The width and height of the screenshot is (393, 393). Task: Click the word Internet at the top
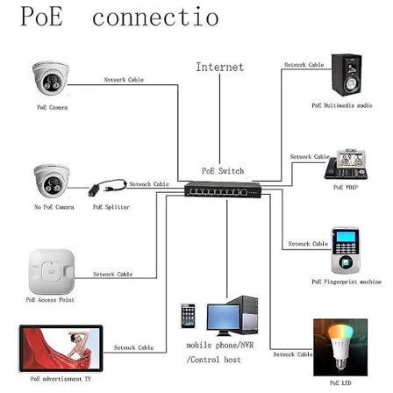click(x=219, y=67)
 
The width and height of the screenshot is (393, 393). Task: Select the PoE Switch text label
click(x=222, y=171)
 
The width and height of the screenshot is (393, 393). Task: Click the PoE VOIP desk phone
click(x=346, y=166)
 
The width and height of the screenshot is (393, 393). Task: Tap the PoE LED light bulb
click(x=334, y=347)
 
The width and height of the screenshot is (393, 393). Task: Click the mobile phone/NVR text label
click(x=213, y=346)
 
